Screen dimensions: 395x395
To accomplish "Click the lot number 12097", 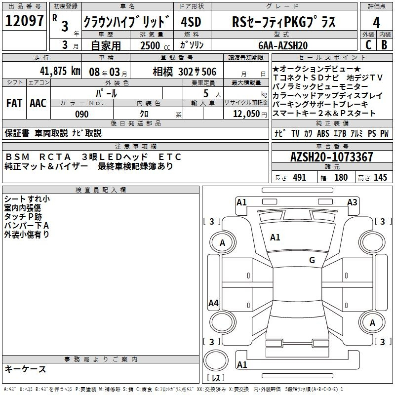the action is pos(24,21).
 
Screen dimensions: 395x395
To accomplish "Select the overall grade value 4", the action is pos(376,23).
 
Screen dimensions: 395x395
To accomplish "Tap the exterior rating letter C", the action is pos(368,45).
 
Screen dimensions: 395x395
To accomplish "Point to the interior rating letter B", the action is pos(384,45).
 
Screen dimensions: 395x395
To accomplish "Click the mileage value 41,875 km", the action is pos(60,71).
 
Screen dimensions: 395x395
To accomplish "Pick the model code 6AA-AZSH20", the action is pos(283,45).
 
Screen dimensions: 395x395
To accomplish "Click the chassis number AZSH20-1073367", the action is pos(331,157).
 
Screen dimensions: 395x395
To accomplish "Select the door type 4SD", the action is pos(191,22).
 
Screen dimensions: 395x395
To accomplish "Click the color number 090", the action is pos(82,114).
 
